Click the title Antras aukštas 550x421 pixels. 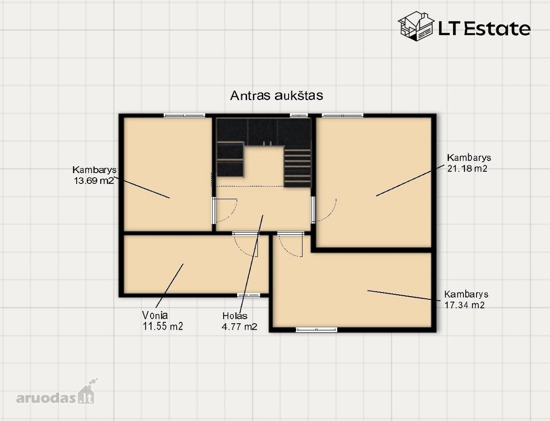276,95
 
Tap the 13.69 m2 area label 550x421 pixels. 94,181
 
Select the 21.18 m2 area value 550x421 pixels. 467,168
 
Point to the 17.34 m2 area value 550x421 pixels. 464,305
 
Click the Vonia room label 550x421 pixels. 155,315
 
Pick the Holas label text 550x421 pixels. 235,315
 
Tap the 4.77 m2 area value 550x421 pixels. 239,327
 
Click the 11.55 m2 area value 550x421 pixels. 163,327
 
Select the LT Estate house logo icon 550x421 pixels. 416,26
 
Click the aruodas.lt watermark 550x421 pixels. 55,393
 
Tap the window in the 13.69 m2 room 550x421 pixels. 184,115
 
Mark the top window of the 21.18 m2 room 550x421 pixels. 343,115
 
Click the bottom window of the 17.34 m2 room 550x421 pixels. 316,330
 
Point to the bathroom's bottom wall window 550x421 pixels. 249,295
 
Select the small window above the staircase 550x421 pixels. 299,115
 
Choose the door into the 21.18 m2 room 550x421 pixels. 324,210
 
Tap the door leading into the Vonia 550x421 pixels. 246,244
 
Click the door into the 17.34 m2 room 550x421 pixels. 290,244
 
